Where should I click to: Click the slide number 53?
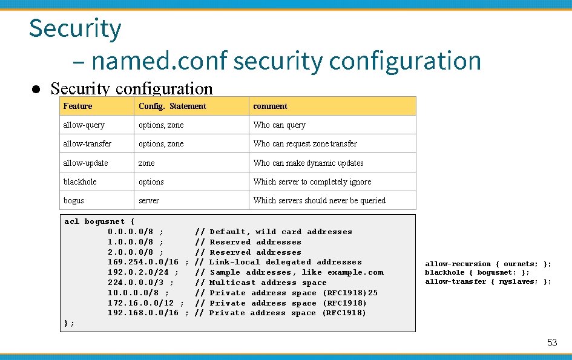pos(551,342)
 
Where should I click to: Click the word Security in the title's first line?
pos(75,28)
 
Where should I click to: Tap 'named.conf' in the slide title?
pos(159,61)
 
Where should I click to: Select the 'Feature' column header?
pos(77,106)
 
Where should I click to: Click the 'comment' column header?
pos(270,106)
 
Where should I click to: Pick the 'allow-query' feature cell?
pos(84,125)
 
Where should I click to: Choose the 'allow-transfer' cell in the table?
pos(87,143)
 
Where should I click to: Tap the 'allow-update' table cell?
pos(85,163)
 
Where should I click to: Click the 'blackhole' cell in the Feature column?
pos(80,182)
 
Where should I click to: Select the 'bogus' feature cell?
pos(73,200)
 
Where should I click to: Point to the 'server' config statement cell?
pos(149,200)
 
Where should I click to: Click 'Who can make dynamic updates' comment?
pos(308,163)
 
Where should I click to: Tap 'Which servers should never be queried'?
pos(319,200)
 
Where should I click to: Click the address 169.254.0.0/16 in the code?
pos(143,262)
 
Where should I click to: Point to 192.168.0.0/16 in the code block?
pos(143,313)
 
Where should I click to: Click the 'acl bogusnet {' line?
pos(99,221)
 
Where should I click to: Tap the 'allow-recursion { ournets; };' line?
pos(488,264)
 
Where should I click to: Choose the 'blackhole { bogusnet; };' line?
pos(477,272)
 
